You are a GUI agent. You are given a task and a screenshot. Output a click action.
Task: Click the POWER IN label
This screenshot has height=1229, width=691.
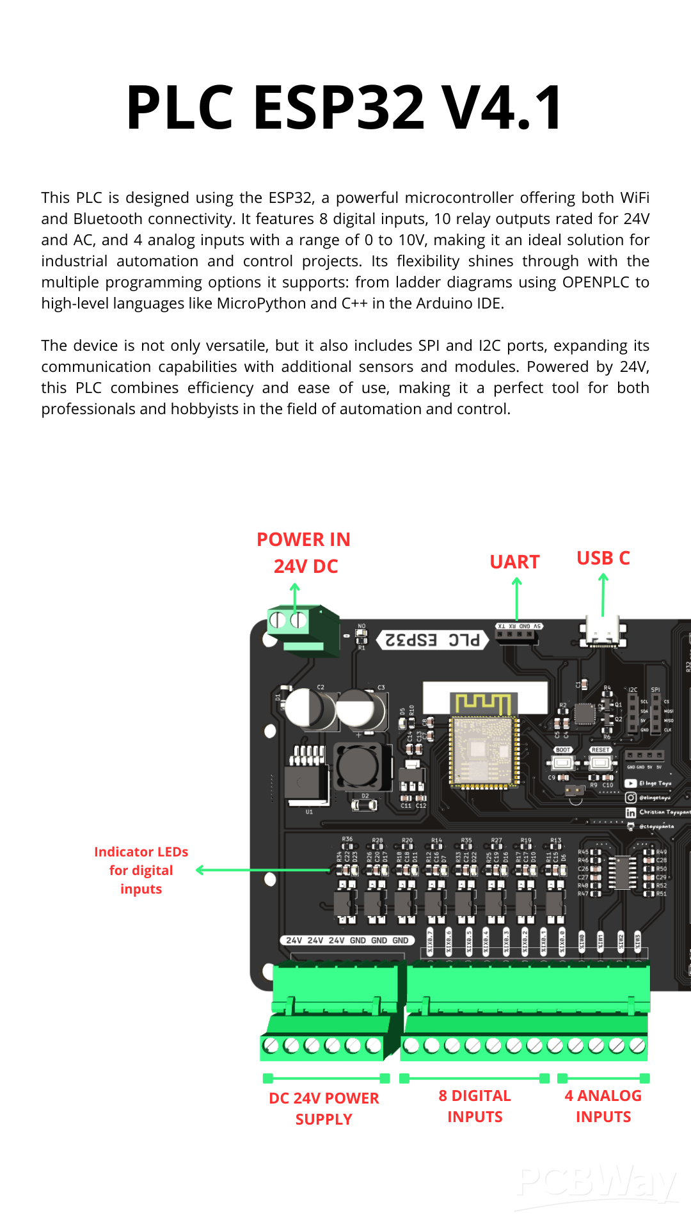303,540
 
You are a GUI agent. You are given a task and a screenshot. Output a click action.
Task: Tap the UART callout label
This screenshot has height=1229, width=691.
514,562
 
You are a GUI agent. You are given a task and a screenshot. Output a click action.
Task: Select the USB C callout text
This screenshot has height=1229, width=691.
603,558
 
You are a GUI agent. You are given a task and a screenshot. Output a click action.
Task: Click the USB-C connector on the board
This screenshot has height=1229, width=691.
602,633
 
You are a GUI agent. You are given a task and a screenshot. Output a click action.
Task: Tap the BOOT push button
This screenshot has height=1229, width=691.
563,762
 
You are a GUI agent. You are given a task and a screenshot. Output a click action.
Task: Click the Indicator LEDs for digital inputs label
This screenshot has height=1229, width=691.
141,870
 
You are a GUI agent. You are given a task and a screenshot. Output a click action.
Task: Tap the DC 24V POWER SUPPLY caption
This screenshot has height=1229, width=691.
324,1108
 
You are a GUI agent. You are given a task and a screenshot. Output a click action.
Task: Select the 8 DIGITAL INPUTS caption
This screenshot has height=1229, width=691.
475,1105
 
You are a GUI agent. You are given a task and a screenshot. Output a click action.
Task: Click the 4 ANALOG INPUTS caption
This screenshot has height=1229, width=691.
603,1105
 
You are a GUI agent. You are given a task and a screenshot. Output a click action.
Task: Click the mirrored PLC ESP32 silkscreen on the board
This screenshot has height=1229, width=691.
433,640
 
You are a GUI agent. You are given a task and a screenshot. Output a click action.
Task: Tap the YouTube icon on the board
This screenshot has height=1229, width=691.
630,783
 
